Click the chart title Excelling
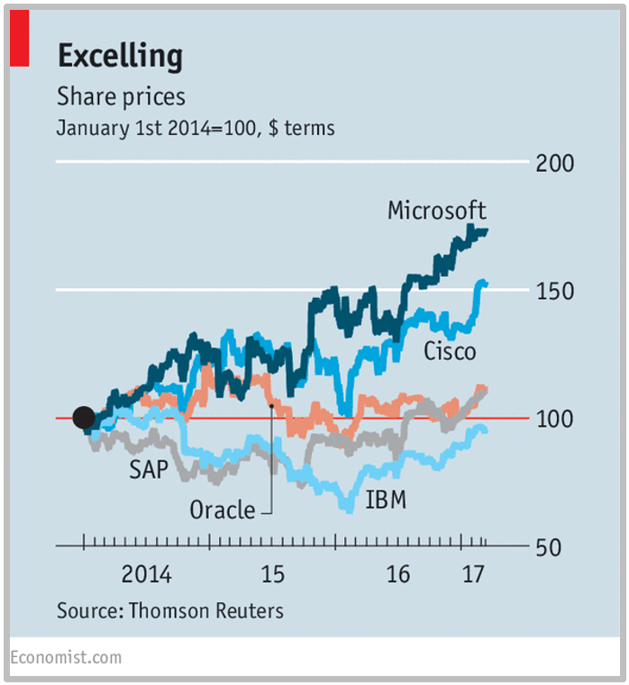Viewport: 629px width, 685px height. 120,57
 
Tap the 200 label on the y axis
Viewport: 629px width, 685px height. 556,164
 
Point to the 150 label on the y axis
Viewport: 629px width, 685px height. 556,292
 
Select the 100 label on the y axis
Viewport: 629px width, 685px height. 556,419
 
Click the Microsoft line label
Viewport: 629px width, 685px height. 437,211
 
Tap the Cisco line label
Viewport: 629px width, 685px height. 450,351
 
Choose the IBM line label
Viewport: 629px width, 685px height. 386,500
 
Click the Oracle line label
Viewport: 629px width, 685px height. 223,510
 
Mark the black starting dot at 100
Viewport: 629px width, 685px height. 83,418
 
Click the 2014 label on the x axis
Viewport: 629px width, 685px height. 146,574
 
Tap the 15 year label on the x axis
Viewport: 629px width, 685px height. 272,574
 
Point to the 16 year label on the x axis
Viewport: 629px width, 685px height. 397,574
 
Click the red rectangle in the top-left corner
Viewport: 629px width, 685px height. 19,40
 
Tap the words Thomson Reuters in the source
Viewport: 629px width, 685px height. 206,610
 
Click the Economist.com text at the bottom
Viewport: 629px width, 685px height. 66,658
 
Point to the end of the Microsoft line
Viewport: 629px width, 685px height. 487,231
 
